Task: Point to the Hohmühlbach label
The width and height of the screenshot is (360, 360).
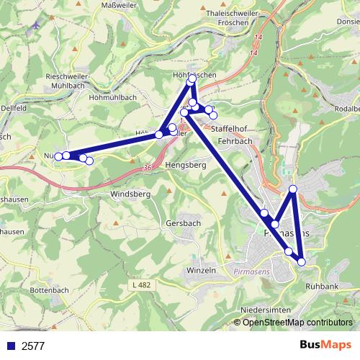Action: pyautogui.click(x=112, y=96)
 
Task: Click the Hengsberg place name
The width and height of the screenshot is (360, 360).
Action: pyautogui.click(x=186, y=165)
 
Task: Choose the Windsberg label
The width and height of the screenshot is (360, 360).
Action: pyautogui.click(x=130, y=194)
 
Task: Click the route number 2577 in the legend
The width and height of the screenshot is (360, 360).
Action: pyautogui.click(x=33, y=346)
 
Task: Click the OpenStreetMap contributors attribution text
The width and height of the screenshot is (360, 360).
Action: pyautogui.click(x=297, y=322)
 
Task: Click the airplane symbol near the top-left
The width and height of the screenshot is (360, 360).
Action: pyautogui.click(x=35, y=27)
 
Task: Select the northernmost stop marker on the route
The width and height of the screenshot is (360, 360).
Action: pyautogui.click(x=192, y=80)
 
